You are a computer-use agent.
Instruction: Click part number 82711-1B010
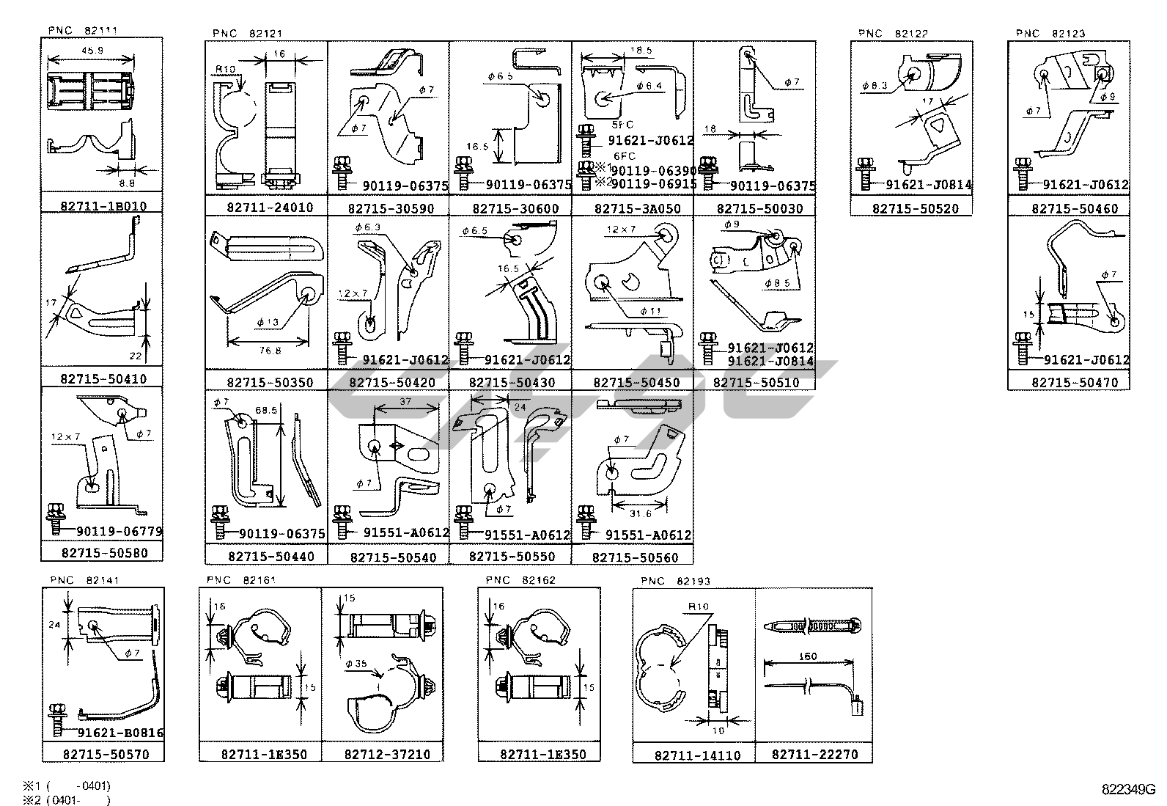click(x=103, y=206)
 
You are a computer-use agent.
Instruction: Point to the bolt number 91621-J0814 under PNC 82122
click(x=928, y=185)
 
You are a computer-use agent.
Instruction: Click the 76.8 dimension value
click(x=270, y=351)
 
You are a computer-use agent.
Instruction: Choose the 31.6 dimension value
click(x=641, y=514)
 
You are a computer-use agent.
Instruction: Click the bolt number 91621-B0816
click(x=119, y=733)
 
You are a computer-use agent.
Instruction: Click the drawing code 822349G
click(x=1127, y=790)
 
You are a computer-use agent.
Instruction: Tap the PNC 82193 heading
click(x=675, y=581)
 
